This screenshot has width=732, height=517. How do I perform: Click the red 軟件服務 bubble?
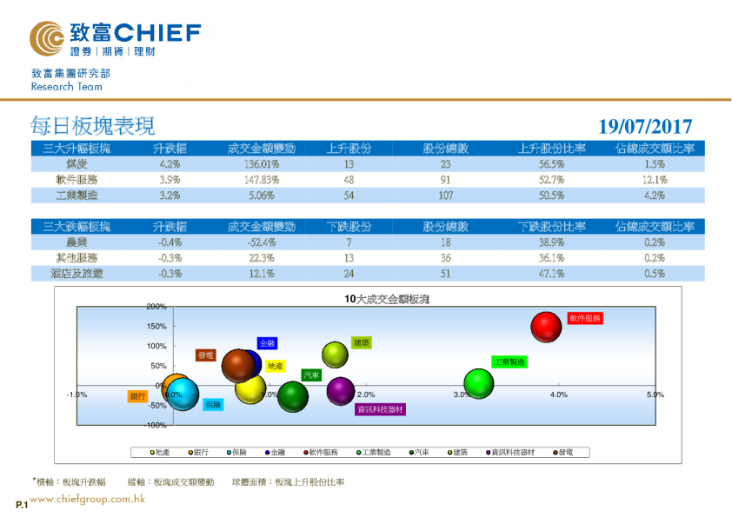point(546,328)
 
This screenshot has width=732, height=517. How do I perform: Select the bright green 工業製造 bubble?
point(479,382)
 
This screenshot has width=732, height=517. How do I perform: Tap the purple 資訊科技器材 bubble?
point(341,391)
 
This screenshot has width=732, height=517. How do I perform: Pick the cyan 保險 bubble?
point(183,396)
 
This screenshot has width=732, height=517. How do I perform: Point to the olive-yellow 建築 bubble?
point(336,355)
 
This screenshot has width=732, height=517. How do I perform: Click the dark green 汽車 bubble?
point(292,397)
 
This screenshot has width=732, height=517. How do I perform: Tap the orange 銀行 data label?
point(137,396)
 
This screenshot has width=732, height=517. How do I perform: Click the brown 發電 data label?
point(206,355)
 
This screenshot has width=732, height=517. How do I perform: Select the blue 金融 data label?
point(268,344)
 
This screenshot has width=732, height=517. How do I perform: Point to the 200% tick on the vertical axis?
point(156,307)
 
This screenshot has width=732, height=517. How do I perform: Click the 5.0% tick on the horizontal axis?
point(655,394)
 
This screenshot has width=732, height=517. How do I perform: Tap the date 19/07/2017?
point(645,127)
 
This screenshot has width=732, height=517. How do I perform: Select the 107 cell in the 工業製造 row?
point(445,196)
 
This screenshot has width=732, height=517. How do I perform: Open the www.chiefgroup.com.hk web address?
point(87,500)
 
